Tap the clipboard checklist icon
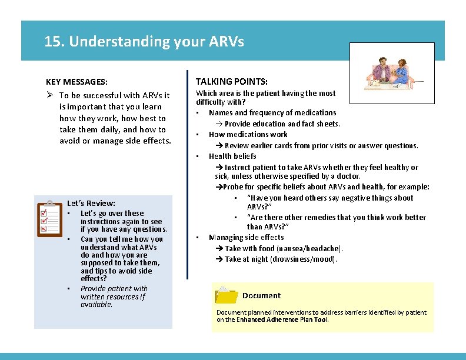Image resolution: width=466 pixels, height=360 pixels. (49, 218)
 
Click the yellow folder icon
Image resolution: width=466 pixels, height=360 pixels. (227, 295)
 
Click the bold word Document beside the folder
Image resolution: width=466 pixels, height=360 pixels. (261, 295)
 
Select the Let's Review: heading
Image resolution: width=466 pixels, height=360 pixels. (91, 203)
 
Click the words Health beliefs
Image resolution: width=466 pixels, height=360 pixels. (232, 156)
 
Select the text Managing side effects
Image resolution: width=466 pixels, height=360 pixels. (246, 237)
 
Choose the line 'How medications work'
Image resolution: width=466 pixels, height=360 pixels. (248, 134)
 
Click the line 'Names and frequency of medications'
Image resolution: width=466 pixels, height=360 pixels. (272, 112)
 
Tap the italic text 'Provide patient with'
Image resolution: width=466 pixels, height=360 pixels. (114, 288)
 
